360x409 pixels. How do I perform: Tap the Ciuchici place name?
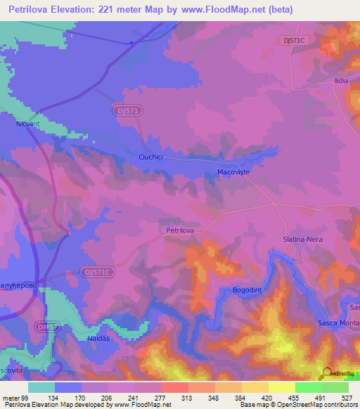coord(151,158)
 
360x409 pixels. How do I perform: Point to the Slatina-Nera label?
coord(302,239)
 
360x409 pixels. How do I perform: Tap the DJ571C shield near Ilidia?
coord(293,40)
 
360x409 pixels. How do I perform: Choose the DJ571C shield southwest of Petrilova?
coord(95,271)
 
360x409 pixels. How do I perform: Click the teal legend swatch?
coord(41,387)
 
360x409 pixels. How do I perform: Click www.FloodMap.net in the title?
coord(219,10)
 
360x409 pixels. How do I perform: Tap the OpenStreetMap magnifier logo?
coord(328,372)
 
